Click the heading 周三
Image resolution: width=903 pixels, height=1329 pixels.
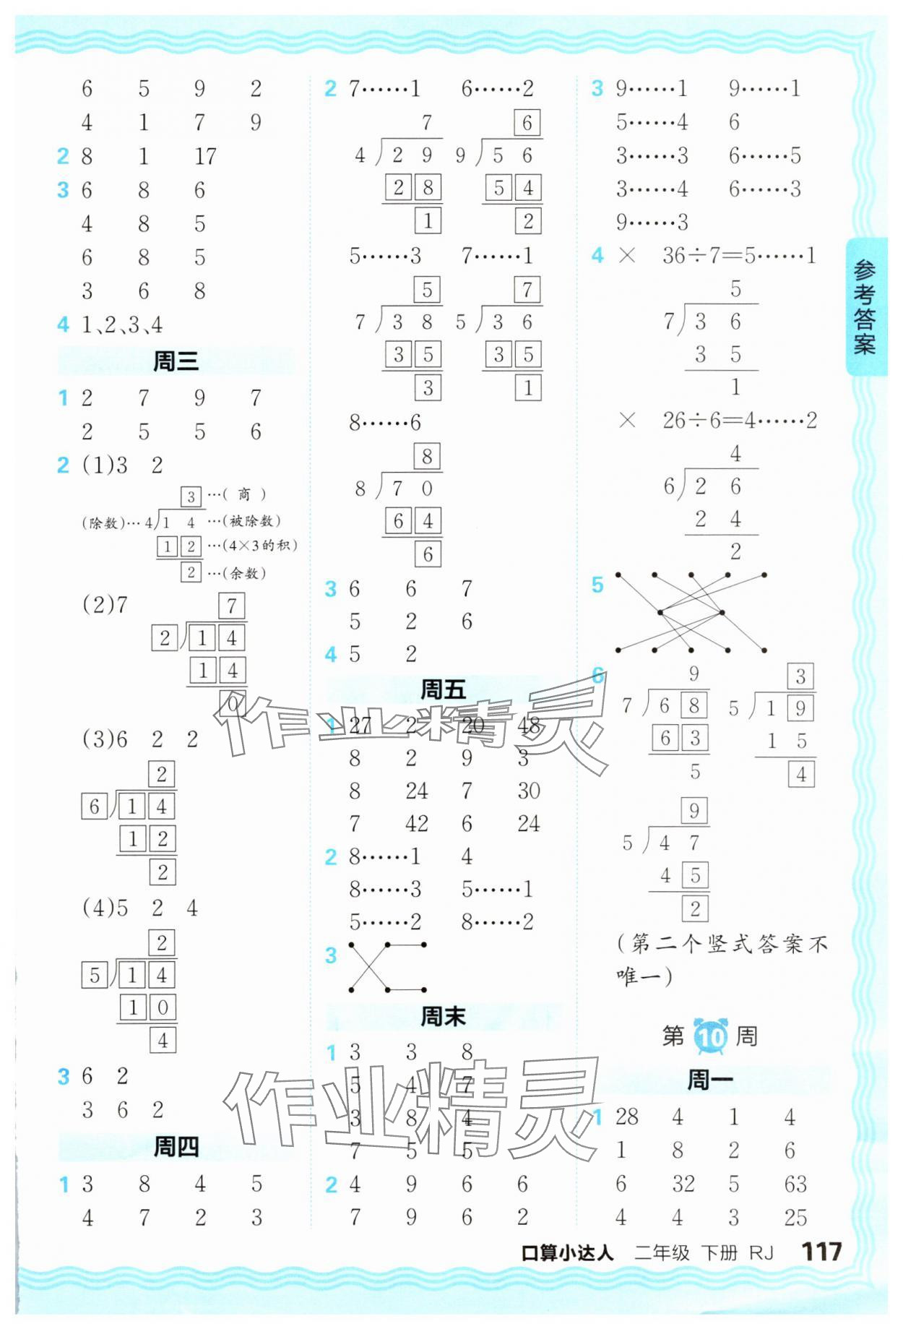pos(176,361)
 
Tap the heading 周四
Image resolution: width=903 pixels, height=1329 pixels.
pos(176,1147)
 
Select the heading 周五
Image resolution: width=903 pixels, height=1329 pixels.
pos(443,690)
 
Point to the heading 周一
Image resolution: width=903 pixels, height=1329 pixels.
pos(709,1080)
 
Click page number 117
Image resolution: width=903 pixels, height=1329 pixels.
pos(821,1252)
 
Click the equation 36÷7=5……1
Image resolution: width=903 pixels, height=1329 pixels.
pos(738,255)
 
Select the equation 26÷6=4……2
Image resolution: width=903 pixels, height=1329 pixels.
pos(739,420)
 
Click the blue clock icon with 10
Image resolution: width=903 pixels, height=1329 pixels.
pos(711,1036)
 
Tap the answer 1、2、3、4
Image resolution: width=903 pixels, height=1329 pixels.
pos(121,325)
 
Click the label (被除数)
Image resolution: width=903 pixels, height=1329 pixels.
pos(253,521)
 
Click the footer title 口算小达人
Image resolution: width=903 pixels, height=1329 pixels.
pos(567,1253)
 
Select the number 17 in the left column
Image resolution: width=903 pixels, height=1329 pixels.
pos(205,156)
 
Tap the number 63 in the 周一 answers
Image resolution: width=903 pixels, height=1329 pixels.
pos(795,1184)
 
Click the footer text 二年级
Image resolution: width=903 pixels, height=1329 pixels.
pos(662,1253)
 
